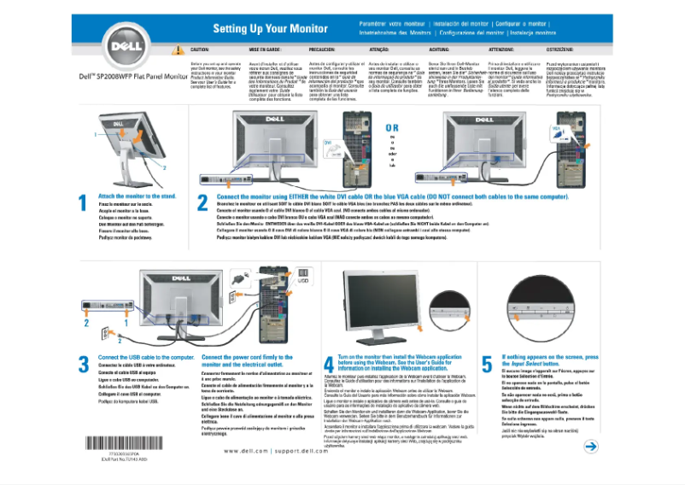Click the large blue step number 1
pos(85,203)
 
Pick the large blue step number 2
pos(202,203)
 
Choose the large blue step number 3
pos(85,363)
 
